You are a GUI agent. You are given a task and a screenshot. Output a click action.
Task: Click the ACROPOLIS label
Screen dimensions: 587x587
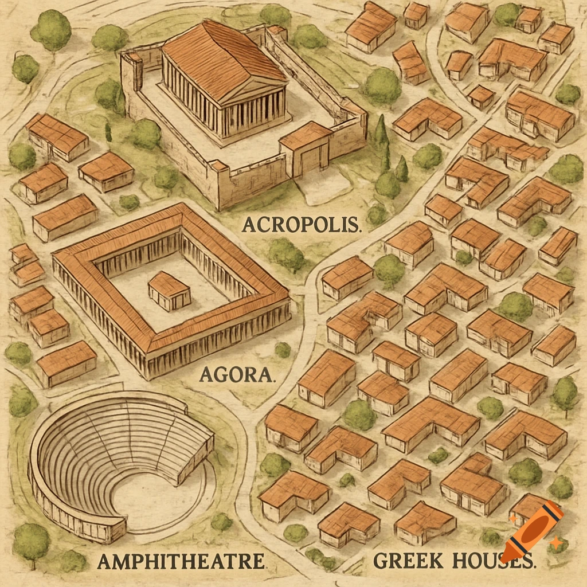coord(302,224)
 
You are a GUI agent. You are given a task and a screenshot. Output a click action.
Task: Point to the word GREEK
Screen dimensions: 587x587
coord(408,561)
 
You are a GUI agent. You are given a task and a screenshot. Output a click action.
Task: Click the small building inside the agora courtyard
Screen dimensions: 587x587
coord(169,291)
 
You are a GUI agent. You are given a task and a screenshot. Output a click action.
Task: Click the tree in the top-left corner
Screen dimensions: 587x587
coord(51,30)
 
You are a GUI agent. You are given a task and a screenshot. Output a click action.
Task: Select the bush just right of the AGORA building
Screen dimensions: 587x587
coord(282,350)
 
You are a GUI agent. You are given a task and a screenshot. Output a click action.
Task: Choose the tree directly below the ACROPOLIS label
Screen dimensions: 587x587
coord(286,254)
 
